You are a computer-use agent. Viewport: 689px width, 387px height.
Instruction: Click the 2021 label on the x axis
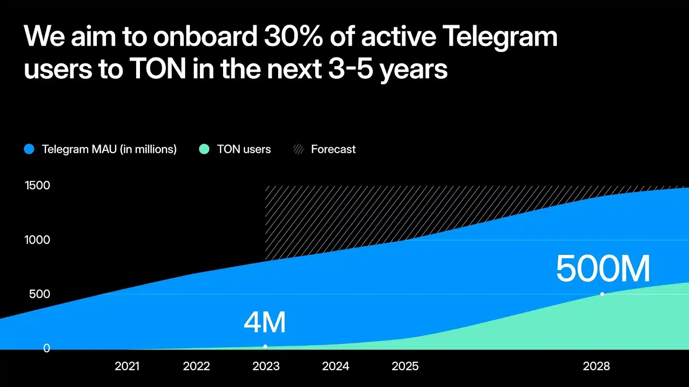point(127,366)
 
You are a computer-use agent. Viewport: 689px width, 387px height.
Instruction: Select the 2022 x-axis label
point(196,366)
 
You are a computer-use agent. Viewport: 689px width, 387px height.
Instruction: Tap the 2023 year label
point(266,366)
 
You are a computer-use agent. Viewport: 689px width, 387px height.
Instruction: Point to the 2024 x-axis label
point(335,366)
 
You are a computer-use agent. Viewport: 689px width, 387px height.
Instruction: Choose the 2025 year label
point(405,366)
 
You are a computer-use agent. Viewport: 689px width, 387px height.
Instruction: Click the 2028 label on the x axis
point(596,366)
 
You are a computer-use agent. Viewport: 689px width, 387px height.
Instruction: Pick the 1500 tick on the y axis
point(37,185)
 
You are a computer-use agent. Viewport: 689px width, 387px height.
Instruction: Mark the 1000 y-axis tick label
point(37,240)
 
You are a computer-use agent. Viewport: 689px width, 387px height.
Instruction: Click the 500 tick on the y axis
point(40,294)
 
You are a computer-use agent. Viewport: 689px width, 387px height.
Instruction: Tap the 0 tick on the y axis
point(47,348)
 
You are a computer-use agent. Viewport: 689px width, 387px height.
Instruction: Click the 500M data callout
point(603,269)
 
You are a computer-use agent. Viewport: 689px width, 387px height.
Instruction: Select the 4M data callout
point(265,322)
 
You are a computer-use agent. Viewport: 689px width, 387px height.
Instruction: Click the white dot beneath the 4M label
point(265,346)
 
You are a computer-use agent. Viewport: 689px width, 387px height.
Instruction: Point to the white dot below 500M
point(602,294)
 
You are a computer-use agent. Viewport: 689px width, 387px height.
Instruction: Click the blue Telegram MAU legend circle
point(29,149)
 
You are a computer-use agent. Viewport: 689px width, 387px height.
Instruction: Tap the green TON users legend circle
point(204,149)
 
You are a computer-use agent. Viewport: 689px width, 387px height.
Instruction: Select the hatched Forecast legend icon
point(298,149)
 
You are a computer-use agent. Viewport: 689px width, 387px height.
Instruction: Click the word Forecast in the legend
point(333,149)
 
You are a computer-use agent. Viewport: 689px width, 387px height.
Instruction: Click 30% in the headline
point(293,36)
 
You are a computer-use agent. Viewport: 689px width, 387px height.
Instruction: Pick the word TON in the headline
point(158,69)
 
